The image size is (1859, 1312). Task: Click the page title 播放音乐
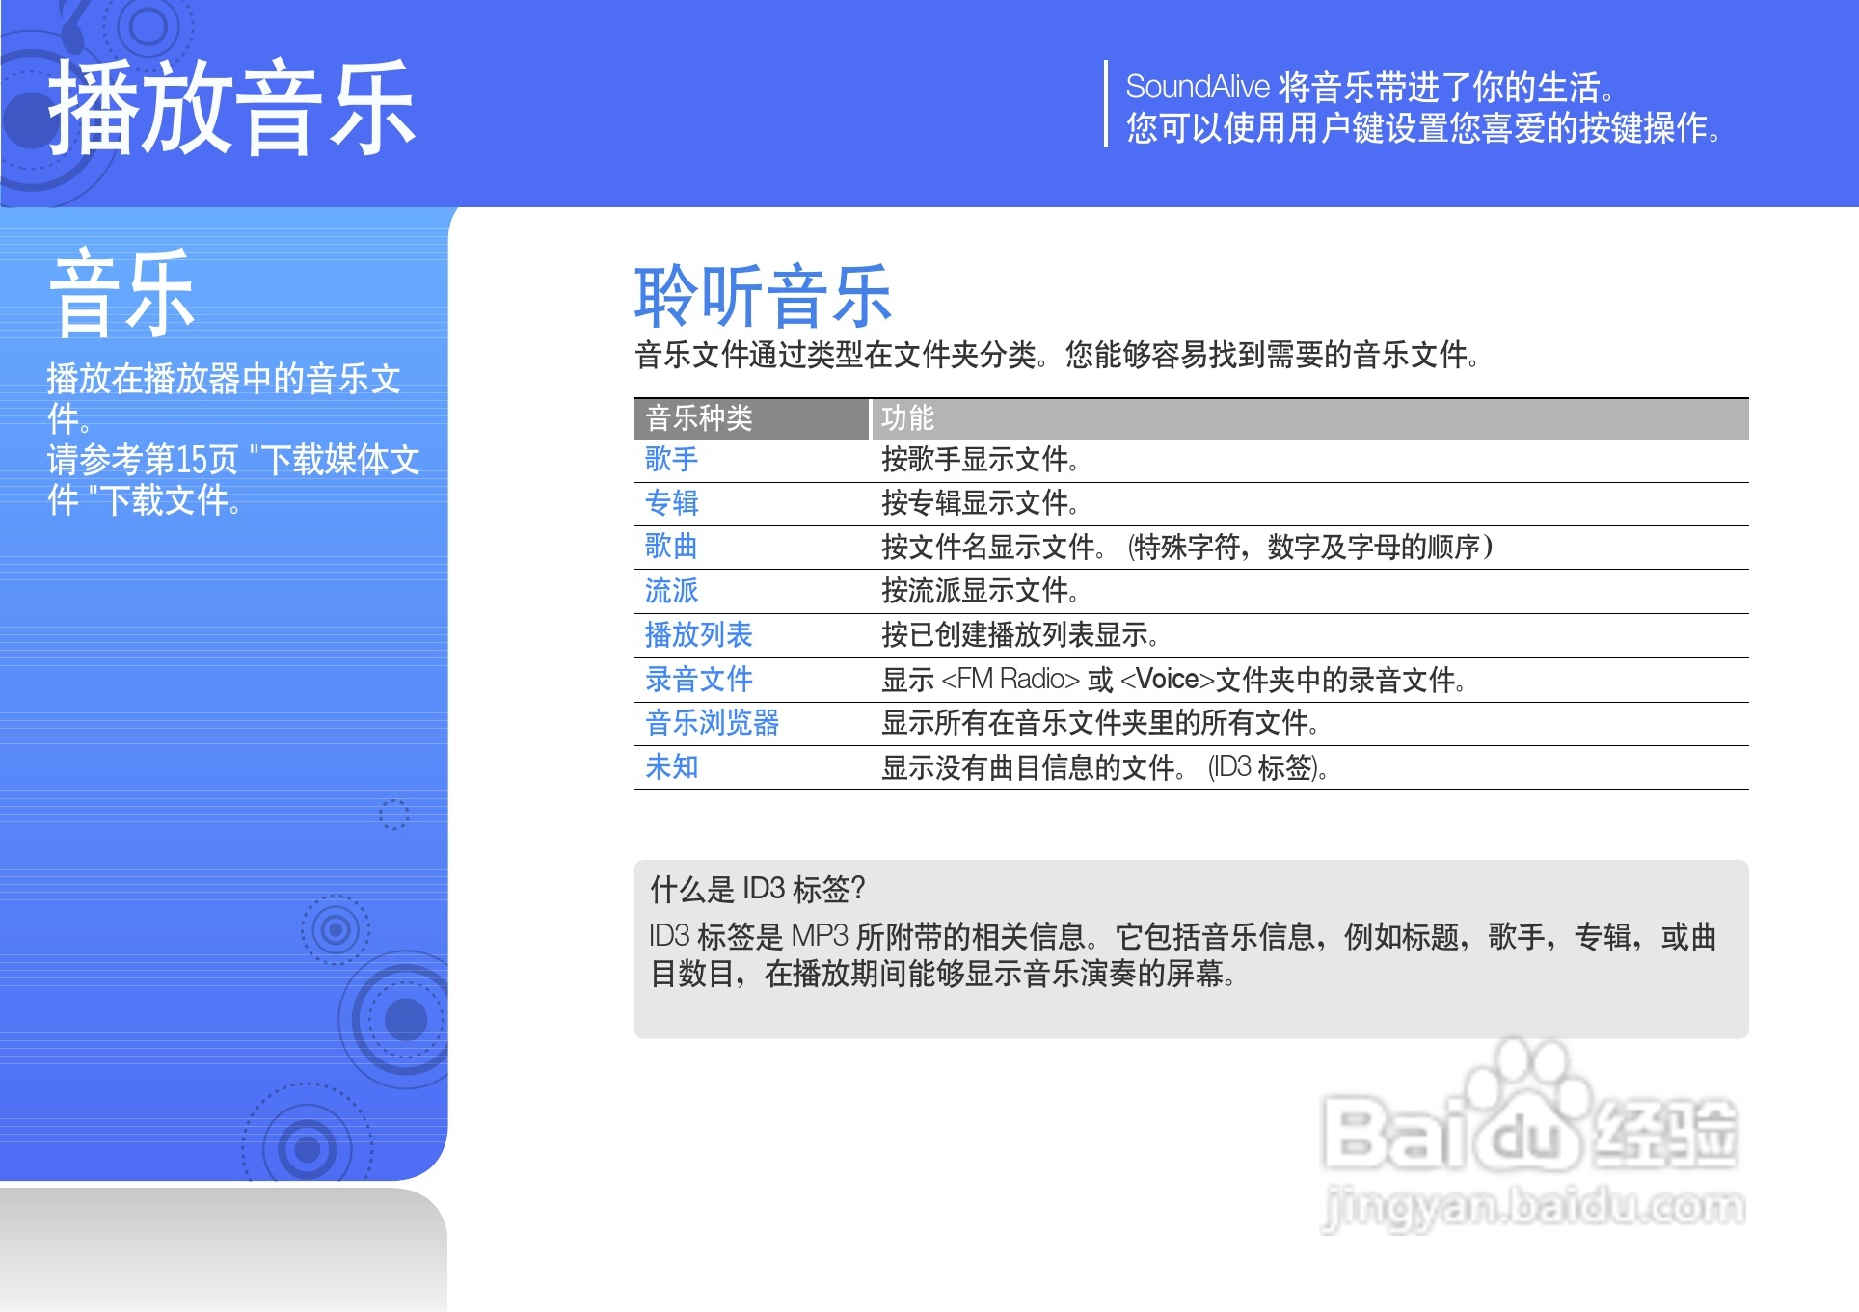tap(231, 107)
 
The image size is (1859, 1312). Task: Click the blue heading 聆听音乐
tap(763, 296)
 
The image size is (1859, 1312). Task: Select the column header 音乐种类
tap(699, 418)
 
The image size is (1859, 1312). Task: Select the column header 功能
tap(907, 418)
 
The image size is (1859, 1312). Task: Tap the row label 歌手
tap(671, 459)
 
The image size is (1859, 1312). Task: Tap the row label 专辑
tap(671, 502)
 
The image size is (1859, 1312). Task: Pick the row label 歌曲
tap(671, 546)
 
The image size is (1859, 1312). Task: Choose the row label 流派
tap(671, 590)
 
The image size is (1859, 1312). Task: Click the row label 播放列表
tap(699, 634)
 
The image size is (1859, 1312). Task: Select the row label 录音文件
tap(699, 679)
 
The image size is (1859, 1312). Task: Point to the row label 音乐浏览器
tap(713, 722)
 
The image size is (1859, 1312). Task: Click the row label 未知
tap(671, 766)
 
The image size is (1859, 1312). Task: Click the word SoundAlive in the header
tap(1198, 87)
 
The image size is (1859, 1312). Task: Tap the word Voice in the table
tap(1168, 679)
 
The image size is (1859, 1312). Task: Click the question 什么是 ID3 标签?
tap(758, 889)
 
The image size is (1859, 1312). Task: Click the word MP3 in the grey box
tap(819, 936)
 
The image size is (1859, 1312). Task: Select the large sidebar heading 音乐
tap(121, 292)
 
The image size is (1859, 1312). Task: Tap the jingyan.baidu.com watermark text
tap(1534, 1207)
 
